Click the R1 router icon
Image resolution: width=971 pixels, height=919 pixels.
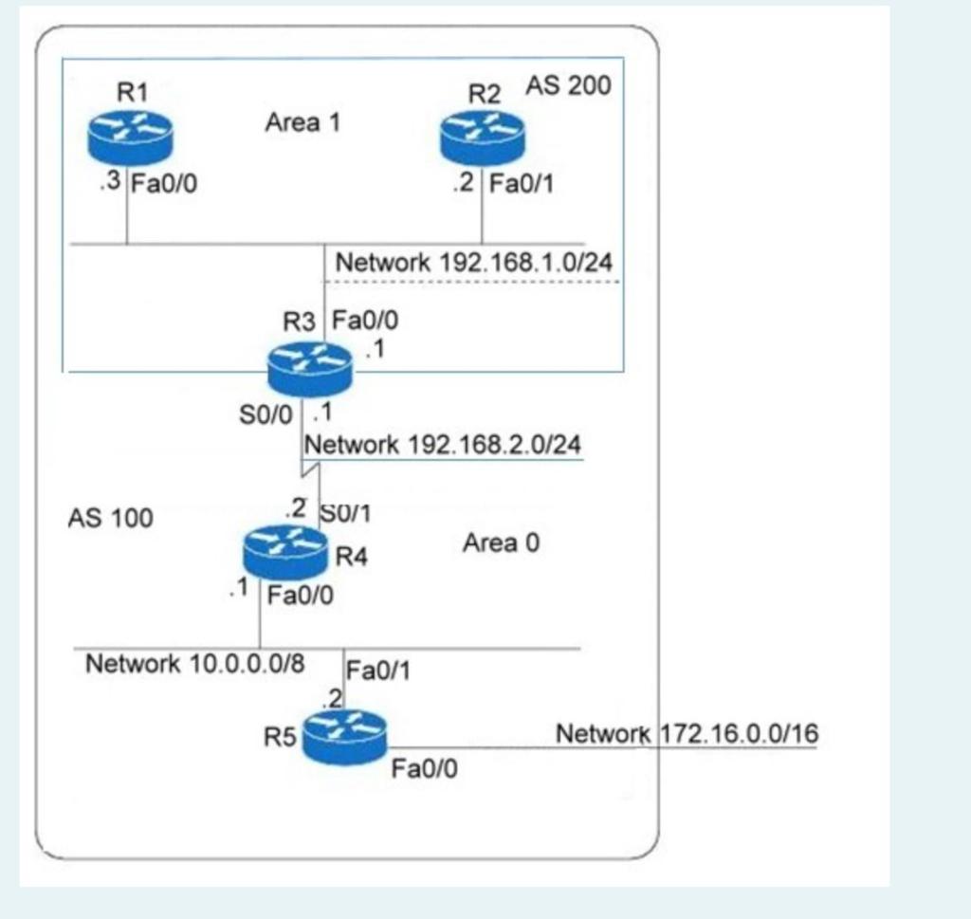(130, 137)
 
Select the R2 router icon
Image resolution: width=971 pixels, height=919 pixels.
(482, 137)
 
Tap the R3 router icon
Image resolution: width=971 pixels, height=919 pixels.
(309, 368)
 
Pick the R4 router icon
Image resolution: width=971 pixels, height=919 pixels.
(284, 551)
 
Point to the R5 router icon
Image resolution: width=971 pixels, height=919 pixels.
(345, 735)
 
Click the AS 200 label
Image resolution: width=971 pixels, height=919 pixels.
(569, 86)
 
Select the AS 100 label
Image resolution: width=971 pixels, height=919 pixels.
(110, 519)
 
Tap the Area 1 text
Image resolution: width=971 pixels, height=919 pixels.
(302, 122)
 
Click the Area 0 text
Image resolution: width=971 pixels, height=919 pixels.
(501, 543)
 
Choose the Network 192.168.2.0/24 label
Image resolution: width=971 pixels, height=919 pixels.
(442, 444)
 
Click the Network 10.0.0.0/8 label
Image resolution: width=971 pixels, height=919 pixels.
(195, 664)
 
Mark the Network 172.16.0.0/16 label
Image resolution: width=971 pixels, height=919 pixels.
(687, 734)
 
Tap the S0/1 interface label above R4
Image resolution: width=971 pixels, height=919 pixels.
(346, 513)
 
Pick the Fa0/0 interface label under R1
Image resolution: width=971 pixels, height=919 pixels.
(164, 183)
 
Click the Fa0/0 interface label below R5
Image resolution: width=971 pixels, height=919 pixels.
(424, 768)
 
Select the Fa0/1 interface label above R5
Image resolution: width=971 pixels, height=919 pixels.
(376, 671)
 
